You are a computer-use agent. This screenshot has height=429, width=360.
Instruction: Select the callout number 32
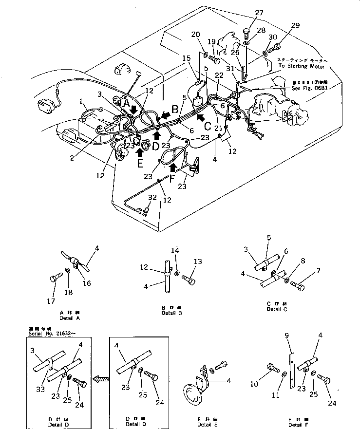click(x=152, y=198)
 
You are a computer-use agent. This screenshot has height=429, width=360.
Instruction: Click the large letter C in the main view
click(x=207, y=126)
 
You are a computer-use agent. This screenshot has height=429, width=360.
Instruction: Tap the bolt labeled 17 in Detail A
click(x=55, y=279)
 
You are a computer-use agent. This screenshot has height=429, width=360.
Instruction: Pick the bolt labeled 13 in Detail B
click(x=189, y=280)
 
